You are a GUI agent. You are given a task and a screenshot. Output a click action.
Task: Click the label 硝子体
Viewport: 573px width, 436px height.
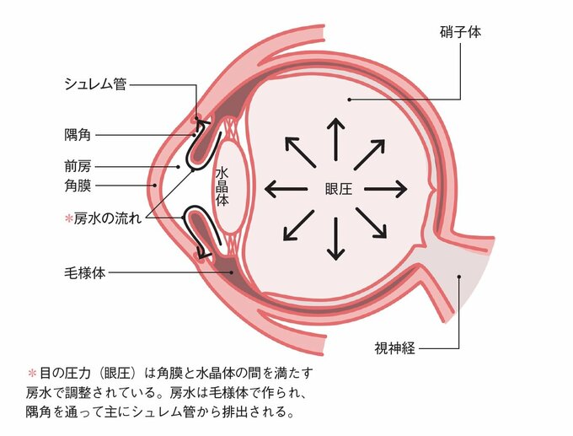[459, 32]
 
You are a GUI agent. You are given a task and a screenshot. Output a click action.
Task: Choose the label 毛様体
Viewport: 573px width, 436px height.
[83, 272]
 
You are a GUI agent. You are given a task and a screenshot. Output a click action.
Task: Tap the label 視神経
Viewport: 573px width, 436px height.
[394, 347]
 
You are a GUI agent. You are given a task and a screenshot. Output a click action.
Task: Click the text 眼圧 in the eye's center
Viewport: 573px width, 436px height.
[337, 188]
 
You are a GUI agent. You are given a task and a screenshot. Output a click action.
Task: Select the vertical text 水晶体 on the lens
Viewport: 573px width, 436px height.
[222, 187]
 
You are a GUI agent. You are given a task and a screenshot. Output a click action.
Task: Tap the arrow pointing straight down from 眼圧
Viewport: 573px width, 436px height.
[336, 238]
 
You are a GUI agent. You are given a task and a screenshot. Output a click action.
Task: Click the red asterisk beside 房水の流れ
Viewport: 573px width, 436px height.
[68, 218]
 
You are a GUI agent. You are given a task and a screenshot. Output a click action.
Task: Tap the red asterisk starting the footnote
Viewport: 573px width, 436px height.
[33, 372]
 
